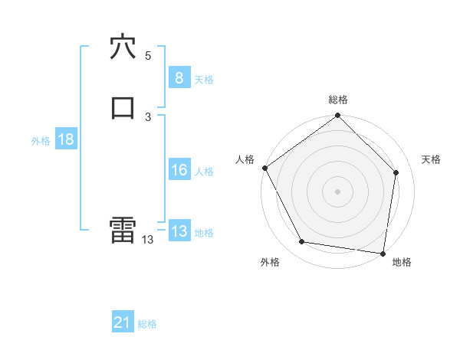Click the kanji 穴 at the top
click(x=123, y=47)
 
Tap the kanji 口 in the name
click(x=123, y=107)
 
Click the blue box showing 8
click(x=179, y=78)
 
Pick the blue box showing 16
click(x=179, y=170)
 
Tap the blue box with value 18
click(x=65, y=139)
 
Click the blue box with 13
click(x=179, y=231)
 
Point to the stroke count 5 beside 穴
click(x=148, y=55)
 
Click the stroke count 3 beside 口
click(x=148, y=116)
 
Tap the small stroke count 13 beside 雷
click(x=147, y=240)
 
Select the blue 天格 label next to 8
click(x=204, y=79)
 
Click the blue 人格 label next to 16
click(x=204, y=171)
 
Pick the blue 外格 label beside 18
click(x=41, y=140)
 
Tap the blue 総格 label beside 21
click(x=147, y=324)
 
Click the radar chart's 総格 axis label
click(x=338, y=100)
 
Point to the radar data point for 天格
click(x=396, y=173)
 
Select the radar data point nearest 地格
click(x=383, y=252)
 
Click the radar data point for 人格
click(x=264, y=168)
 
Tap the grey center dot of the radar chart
click(x=337, y=191)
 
